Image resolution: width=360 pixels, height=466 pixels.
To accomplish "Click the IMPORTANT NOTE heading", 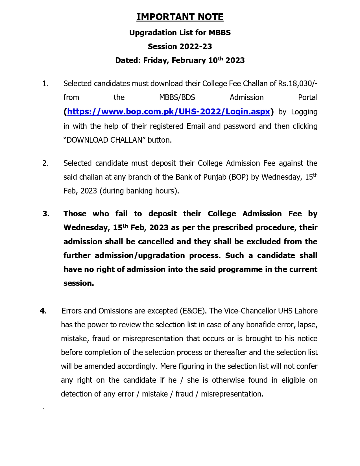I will (x=180, y=17).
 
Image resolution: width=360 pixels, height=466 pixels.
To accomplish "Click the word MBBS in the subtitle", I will (x=220, y=33).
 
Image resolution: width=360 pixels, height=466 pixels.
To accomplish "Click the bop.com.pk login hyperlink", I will (x=169, y=112).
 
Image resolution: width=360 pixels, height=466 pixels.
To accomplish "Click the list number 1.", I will (x=45, y=84).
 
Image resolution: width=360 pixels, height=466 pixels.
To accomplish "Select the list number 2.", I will (x=45, y=163).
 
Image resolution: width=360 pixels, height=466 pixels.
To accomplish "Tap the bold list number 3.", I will (x=46, y=214).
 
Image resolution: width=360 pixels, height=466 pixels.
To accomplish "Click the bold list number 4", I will (x=43, y=311).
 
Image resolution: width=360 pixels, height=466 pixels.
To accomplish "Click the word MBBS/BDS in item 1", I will (x=177, y=97).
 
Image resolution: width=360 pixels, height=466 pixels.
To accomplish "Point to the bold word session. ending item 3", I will (x=78, y=283).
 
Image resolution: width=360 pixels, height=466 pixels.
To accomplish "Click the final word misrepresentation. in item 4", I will (x=232, y=394).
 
